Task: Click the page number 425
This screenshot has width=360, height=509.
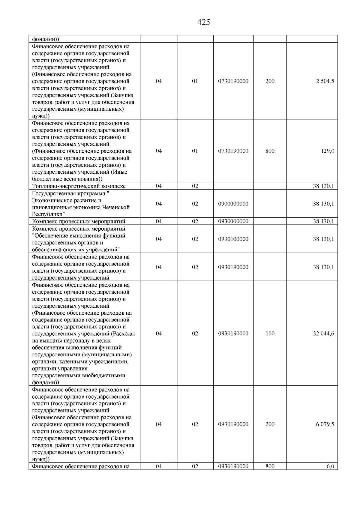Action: tap(204, 22)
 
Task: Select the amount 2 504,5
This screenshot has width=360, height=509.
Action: tap(325, 81)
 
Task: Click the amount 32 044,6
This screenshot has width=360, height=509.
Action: tap(323, 334)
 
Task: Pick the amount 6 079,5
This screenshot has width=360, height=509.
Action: tap(325, 424)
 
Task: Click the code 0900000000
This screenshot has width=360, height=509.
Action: tap(233, 204)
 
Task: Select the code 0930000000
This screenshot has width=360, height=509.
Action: tap(233, 221)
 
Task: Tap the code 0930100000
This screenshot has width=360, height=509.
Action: tap(233, 239)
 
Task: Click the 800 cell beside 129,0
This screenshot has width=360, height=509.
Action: tap(270, 151)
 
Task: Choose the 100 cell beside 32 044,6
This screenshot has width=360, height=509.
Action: tap(270, 334)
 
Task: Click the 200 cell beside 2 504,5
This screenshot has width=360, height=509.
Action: tap(270, 81)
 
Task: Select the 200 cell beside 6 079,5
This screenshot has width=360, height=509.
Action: tap(270, 424)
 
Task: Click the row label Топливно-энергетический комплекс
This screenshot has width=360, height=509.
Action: tap(79, 186)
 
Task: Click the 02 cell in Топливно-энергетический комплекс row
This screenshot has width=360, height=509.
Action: tap(195, 186)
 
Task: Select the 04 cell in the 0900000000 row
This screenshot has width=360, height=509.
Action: tap(159, 204)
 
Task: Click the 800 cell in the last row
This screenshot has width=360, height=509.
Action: tap(270, 466)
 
